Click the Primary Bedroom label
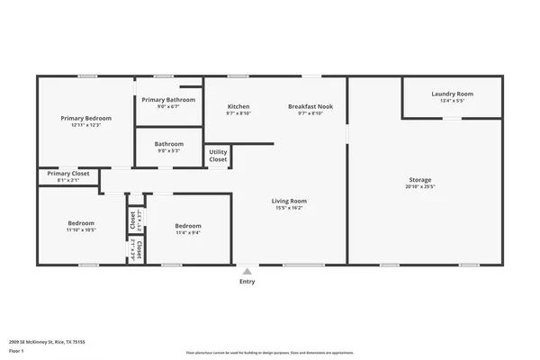tap(85, 118)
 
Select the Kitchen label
tap(238, 106)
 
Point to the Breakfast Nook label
tap(310, 106)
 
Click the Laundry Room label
tap(452, 94)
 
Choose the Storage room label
tap(420, 180)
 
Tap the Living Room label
tap(290, 201)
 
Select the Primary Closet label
tap(68, 173)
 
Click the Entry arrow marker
tap(247, 270)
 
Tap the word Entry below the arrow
tap(247, 282)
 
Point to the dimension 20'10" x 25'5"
tap(420, 187)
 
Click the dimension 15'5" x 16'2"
tap(290, 208)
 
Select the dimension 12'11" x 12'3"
tap(85, 125)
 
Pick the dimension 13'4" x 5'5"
tap(452, 101)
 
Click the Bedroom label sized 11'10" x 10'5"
tap(81, 223)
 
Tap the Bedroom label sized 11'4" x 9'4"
tap(188, 226)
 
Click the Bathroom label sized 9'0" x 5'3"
tap(168, 143)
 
